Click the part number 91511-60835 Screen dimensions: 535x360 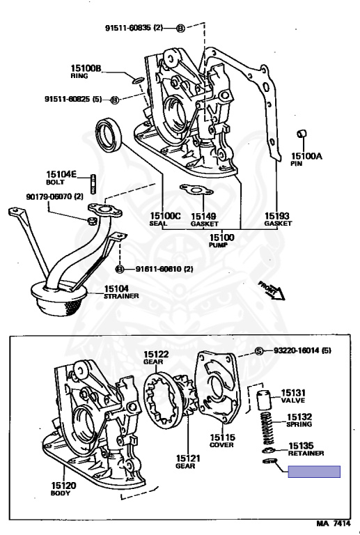click(133, 28)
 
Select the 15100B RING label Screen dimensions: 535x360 click(86, 71)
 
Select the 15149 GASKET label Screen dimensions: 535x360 click(203, 219)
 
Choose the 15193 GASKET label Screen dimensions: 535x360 click(277, 219)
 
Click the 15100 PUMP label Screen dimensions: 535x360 click(221, 241)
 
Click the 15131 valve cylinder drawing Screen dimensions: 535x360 click(264, 401)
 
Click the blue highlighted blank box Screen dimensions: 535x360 click(315, 472)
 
